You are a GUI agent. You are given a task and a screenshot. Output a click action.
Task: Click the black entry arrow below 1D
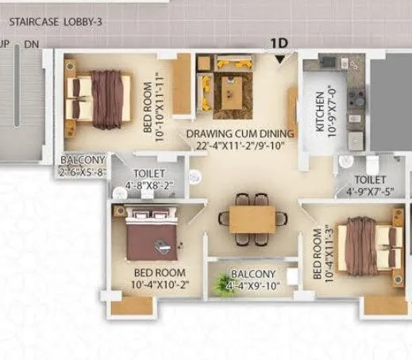[279, 59]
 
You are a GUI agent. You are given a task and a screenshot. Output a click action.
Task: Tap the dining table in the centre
[252, 216]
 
